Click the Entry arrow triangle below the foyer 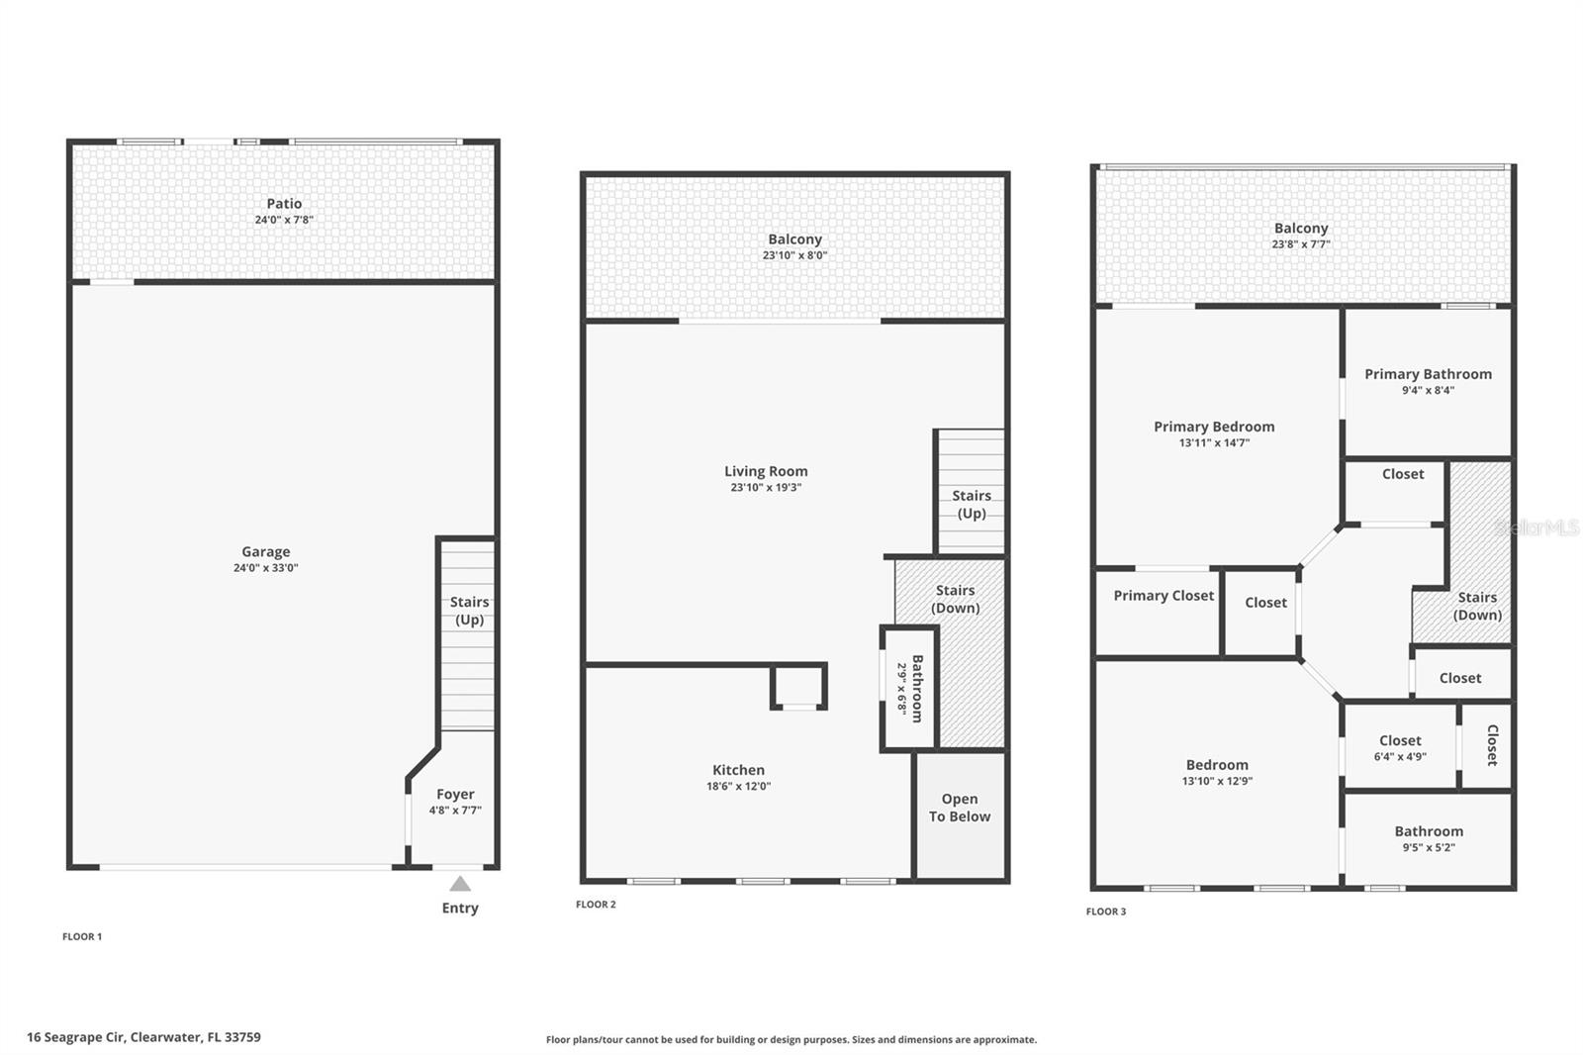tap(460, 884)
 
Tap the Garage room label tap(266, 552)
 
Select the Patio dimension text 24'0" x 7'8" tap(284, 220)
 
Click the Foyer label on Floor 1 tap(455, 794)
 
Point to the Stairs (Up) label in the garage tap(469, 611)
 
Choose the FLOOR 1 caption tap(82, 936)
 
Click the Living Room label tap(766, 471)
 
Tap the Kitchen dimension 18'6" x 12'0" tap(738, 787)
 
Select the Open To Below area tap(960, 808)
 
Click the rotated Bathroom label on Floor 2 tap(917, 688)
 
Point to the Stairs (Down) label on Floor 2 tap(956, 599)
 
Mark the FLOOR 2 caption tap(596, 905)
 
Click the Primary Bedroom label tap(1214, 427)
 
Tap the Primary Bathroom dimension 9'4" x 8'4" tap(1428, 391)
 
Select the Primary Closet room tap(1164, 596)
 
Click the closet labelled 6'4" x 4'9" tap(1400, 748)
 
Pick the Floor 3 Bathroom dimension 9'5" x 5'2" tap(1429, 848)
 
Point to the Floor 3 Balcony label tap(1300, 228)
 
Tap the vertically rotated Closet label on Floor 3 tap(1492, 745)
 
